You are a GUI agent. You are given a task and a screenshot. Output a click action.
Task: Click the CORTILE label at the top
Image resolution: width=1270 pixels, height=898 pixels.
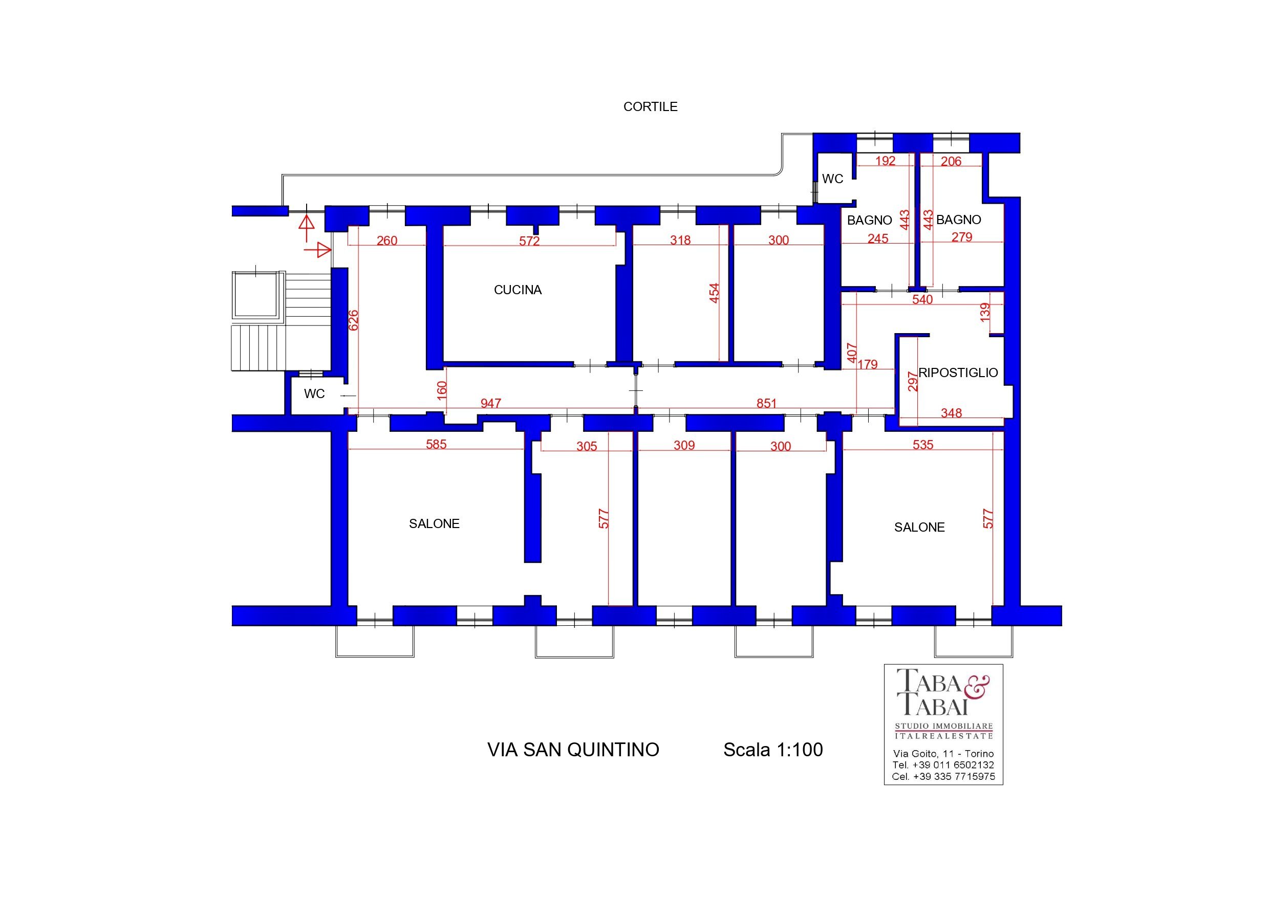pyautogui.click(x=650, y=107)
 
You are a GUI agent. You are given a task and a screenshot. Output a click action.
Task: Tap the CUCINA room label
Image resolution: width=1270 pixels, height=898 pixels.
pyautogui.click(x=517, y=290)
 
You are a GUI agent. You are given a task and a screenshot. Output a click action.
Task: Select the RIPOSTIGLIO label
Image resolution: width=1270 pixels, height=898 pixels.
pyautogui.click(x=958, y=373)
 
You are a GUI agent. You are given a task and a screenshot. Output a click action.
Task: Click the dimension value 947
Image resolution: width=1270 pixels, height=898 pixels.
pyautogui.click(x=490, y=403)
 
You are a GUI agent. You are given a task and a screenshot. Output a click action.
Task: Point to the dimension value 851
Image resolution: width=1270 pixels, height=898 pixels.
pyautogui.click(x=766, y=403)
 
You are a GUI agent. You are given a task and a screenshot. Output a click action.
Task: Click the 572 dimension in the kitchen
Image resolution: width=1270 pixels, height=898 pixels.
pyautogui.click(x=529, y=241)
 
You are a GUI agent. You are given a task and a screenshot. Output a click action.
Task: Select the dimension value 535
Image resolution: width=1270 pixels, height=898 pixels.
pyautogui.click(x=922, y=445)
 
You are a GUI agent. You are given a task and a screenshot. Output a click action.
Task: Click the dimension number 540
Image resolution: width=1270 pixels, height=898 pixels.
pyautogui.click(x=922, y=300)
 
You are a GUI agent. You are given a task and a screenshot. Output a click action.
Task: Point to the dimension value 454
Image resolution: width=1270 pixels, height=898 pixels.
pyautogui.click(x=715, y=293)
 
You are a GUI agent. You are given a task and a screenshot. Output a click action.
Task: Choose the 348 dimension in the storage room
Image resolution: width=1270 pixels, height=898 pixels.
pyautogui.click(x=951, y=412)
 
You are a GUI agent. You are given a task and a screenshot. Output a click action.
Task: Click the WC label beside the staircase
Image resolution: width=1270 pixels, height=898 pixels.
pyautogui.click(x=314, y=393)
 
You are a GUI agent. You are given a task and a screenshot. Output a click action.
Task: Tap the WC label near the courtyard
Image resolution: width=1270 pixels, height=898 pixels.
pyautogui.click(x=832, y=179)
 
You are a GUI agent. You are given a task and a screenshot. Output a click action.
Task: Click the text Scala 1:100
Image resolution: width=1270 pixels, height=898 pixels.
pyautogui.click(x=773, y=749)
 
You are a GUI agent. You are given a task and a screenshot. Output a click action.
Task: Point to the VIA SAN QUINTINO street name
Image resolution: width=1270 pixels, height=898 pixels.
pyautogui.click(x=573, y=749)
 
